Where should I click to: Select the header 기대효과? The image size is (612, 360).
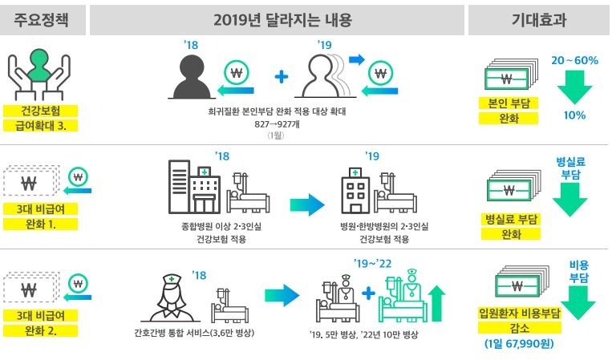click(539, 21)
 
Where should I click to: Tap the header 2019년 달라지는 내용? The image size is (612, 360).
click(278, 21)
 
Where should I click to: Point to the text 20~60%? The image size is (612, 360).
click(575, 60)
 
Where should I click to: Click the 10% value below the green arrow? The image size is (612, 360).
click(574, 115)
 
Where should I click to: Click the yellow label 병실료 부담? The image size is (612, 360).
click(511, 218)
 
